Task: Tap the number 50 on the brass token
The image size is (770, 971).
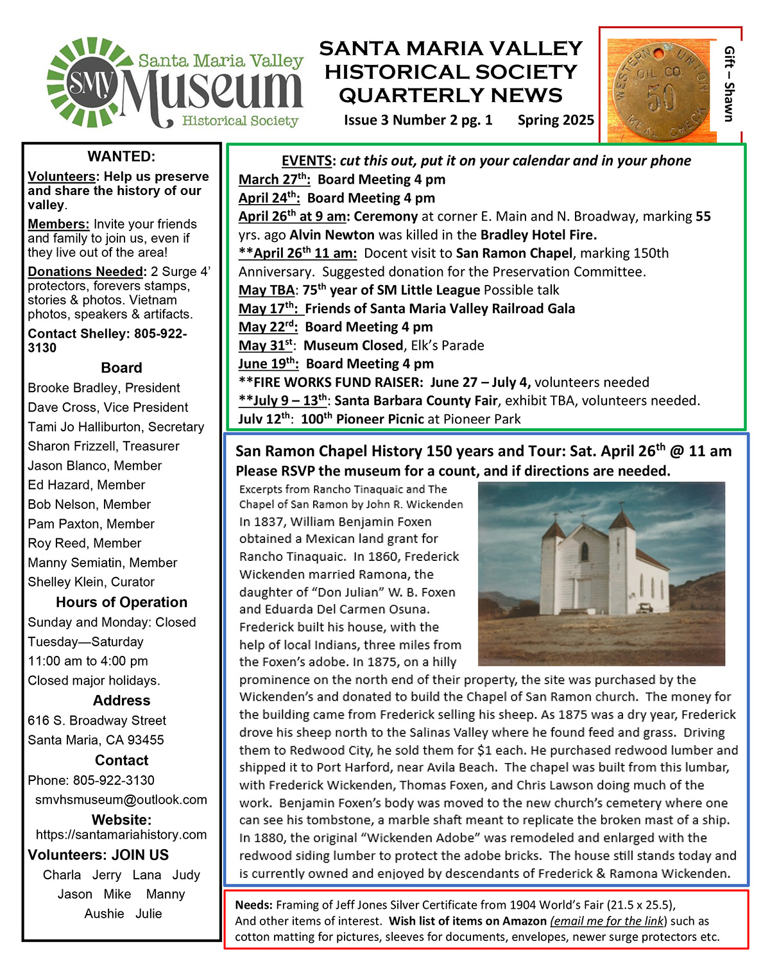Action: coord(662,98)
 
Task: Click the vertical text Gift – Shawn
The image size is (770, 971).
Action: coord(728,83)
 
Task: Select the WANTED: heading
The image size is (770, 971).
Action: coord(121,157)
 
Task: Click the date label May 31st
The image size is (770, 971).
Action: coord(265,345)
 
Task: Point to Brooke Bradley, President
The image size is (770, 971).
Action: coord(103,388)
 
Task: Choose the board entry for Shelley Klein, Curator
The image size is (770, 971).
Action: coord(91,582)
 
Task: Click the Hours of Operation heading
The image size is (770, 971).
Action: coord(121,602)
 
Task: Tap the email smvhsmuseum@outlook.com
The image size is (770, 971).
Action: coord(121,800)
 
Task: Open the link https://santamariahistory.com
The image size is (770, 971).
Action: coord(121,834)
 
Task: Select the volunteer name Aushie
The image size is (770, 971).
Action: coord(104,914)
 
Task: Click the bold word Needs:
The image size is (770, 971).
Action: coord(253,905)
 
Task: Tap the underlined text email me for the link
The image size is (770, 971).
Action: coord(608,921)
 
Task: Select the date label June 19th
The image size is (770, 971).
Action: coord(268,364)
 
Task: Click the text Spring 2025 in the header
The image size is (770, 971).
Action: coord(556,120)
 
